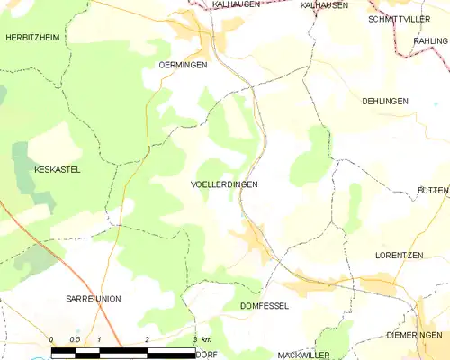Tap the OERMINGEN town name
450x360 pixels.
[183, 65]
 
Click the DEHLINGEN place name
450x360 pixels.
[385, 101]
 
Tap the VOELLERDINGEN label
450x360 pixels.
[224, 184]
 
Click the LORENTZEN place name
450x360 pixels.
[399, 256]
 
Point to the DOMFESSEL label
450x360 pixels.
[265, 306]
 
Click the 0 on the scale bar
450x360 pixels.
[51, 338]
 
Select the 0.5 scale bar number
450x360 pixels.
[75, 338]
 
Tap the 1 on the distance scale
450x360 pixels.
[99, 338]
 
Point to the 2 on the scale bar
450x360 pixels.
[147, 338]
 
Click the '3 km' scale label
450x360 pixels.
[202, 338]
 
